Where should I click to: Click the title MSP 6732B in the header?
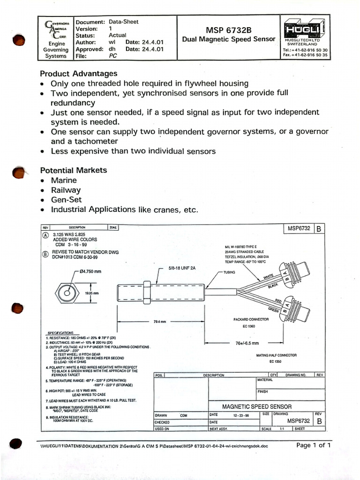[x=228, y=30]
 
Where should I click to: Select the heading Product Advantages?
[x=78, y=74]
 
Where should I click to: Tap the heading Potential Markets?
[x=73, y=170]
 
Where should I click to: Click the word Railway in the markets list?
[x=66, y=190]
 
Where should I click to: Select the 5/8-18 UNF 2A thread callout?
[x=184, y=269]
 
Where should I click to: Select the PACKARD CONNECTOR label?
[x=251, y=319]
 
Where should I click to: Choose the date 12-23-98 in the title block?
[x=241, y=415]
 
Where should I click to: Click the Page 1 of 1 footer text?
[x=314, y=445]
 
